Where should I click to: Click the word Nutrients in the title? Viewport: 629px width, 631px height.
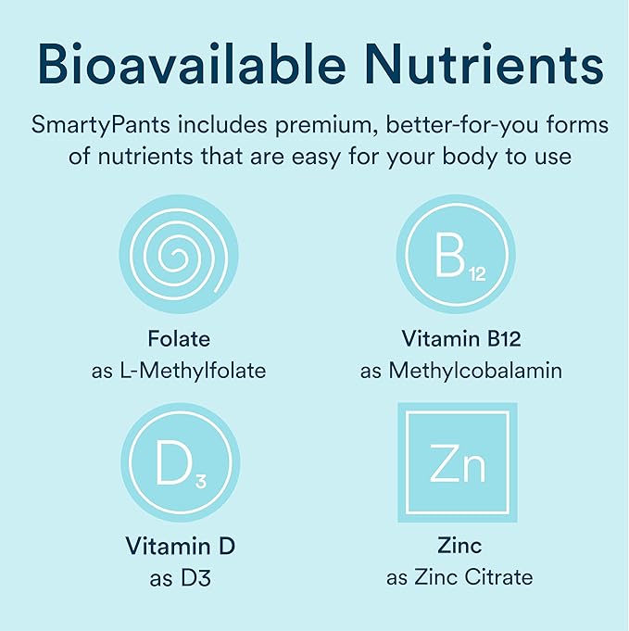pyautogui.click(x=486, y=64)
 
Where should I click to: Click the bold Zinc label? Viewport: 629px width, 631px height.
pyautogui.click(x=459, y=547)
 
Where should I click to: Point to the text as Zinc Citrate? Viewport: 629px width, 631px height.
pyautogui.click(x=459, y=578)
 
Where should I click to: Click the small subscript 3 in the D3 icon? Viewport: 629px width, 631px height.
pyautogui.click(x=201, y=480)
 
